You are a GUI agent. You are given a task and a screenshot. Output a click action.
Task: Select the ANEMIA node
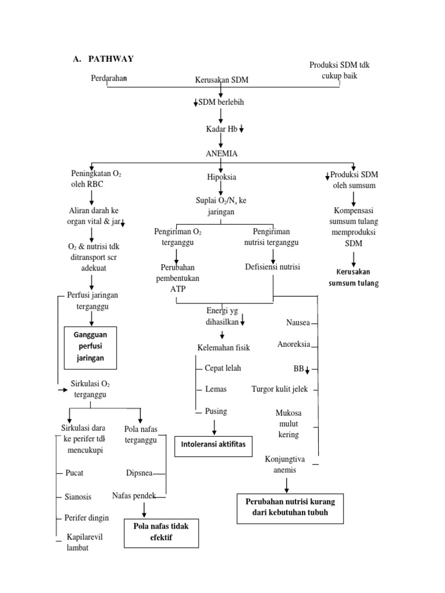[x=221, y=153]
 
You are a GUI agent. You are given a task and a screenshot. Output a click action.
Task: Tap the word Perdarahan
[x=110, y=78]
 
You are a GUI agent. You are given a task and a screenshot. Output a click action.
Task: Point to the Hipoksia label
[x=221, y=177]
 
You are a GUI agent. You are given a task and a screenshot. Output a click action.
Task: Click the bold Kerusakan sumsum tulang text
[x=353, y=277]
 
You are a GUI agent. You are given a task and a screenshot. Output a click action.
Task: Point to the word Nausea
[x=298, y=322]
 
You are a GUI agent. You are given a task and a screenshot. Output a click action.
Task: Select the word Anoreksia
[x=294, y=345]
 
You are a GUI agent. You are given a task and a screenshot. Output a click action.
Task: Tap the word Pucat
[x=75, y=473]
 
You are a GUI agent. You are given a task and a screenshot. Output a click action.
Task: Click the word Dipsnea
[x=139, y=473]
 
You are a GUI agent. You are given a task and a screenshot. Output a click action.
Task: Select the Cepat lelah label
[x=222, y=368]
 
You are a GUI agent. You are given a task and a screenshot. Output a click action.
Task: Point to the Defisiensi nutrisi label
[x=272, y=267]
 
